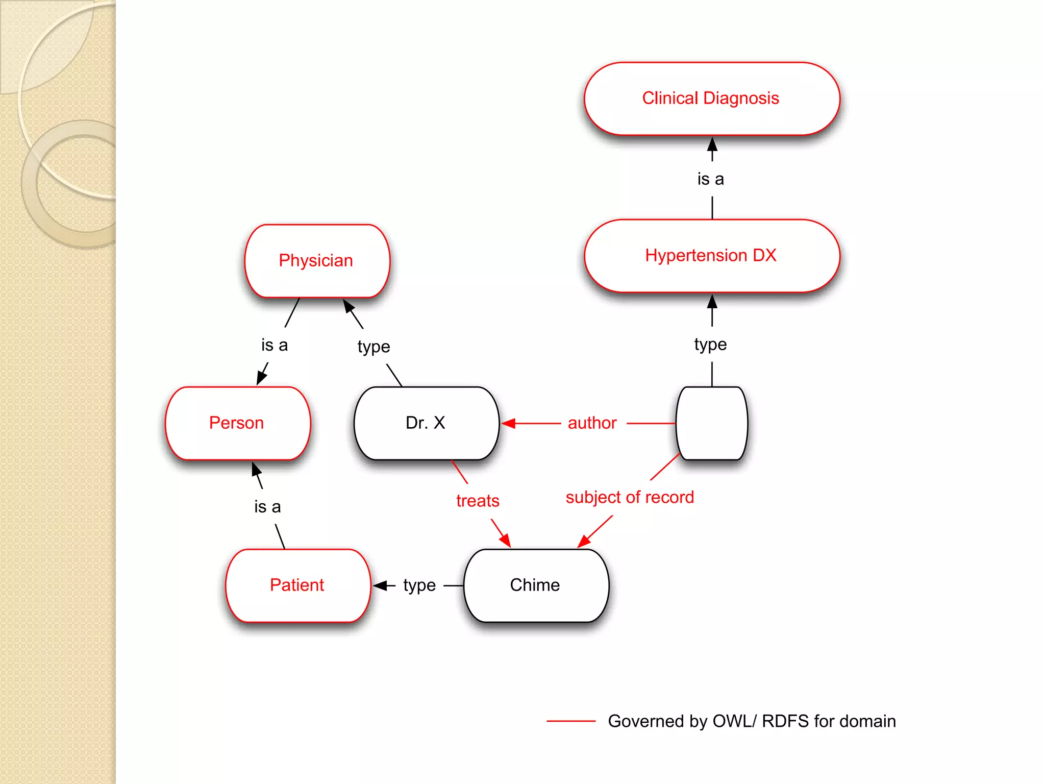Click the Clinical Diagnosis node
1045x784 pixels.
point(711,99)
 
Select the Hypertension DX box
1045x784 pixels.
point(711,256)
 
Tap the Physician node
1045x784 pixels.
point(317,261)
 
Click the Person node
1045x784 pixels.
point(237,423)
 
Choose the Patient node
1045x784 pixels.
point(297,585)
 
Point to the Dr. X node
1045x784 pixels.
point(426,423)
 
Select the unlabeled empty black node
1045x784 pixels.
point(711,423)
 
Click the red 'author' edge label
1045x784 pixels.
point(592,423)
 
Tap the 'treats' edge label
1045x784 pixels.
point(478,501)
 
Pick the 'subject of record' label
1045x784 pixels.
point(630,497)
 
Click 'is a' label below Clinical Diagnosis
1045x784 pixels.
point(710,179)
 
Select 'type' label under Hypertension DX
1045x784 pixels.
point(710,345)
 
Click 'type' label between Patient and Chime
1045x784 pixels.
point(419,585)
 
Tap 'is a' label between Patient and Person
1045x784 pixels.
point(267,507)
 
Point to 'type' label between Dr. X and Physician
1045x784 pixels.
point(374,347)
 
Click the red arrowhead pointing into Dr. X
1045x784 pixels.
point(508,423)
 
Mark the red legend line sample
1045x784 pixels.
point(570,721)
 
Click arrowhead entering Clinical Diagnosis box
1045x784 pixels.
point(712,143)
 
